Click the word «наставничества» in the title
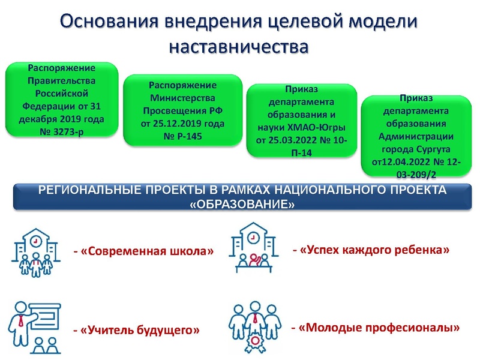tap(239, 46)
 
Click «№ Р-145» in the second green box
tap(182, 136)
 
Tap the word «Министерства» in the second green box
tap(182, 98)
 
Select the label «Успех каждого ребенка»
tap(374, 248)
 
